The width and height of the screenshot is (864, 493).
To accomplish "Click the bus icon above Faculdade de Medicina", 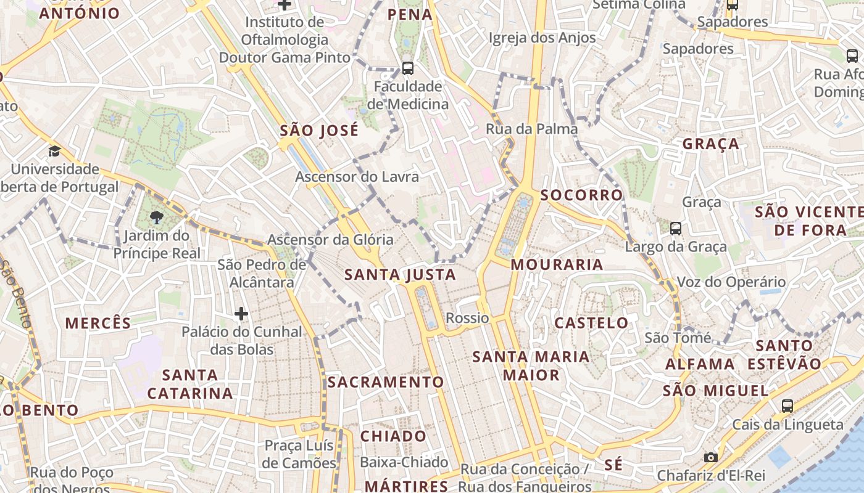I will click(407, 68).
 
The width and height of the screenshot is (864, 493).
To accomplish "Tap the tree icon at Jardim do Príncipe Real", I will click(156, 217).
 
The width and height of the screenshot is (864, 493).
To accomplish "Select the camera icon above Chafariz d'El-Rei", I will click(711, 457).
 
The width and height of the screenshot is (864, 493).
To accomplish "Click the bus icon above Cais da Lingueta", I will click(787, 405).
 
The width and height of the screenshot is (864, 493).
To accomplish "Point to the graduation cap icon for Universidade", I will click(55, 151).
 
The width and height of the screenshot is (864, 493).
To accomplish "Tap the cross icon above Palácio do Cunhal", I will click(241, 314).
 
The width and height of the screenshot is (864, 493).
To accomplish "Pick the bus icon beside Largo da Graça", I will click(676, 229).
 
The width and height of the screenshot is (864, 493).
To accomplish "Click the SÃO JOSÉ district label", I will click(319, 131).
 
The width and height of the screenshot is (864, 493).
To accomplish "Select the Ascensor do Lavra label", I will click(357, 177).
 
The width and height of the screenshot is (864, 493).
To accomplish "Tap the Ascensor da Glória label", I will click(330, 240).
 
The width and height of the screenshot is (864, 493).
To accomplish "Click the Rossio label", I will click(467, 318).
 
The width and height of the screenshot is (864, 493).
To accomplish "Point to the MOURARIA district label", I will click(557, 264).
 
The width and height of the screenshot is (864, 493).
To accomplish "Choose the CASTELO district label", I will click(591, 323).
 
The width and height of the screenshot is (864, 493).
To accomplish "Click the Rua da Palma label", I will click(532, 129).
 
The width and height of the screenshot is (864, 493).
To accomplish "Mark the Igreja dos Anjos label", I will click(542, 38).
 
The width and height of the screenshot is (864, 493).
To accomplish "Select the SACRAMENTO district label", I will click(386, 382).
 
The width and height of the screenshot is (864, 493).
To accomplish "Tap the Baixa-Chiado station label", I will click(404, 462).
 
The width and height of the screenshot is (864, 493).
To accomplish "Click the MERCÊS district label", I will click(98, 323).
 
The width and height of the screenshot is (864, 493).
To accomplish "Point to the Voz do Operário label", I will click(731, 282).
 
